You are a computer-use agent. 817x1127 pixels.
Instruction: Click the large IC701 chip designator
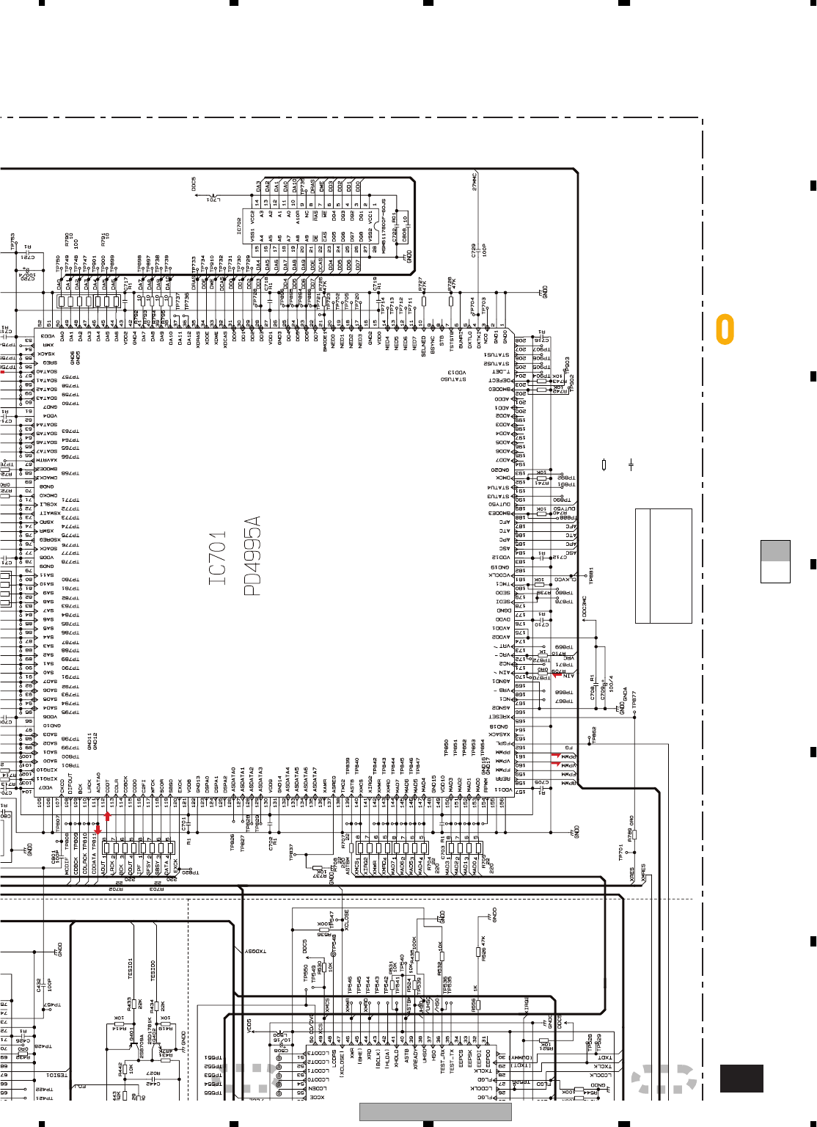point(217,559)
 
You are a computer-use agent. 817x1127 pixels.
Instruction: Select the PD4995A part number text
point(252,555)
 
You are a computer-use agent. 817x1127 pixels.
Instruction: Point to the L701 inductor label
point(213,199)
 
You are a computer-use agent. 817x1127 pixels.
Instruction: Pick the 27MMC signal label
point(475,182)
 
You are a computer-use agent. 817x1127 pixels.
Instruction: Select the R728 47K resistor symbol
point(451,300)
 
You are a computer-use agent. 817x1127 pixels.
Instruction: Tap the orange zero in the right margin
point(725,329)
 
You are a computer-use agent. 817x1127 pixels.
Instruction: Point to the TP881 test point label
point(591,575)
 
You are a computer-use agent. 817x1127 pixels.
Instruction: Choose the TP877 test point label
point(634,700)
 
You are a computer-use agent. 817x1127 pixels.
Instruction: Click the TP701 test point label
point(620,853)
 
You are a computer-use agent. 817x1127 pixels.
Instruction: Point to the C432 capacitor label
point(39,985)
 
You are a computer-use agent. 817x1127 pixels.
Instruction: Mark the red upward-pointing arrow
point(107,817)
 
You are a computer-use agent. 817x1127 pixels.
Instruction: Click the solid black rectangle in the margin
point(741,1079)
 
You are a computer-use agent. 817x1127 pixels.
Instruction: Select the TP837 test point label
point(291,852)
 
